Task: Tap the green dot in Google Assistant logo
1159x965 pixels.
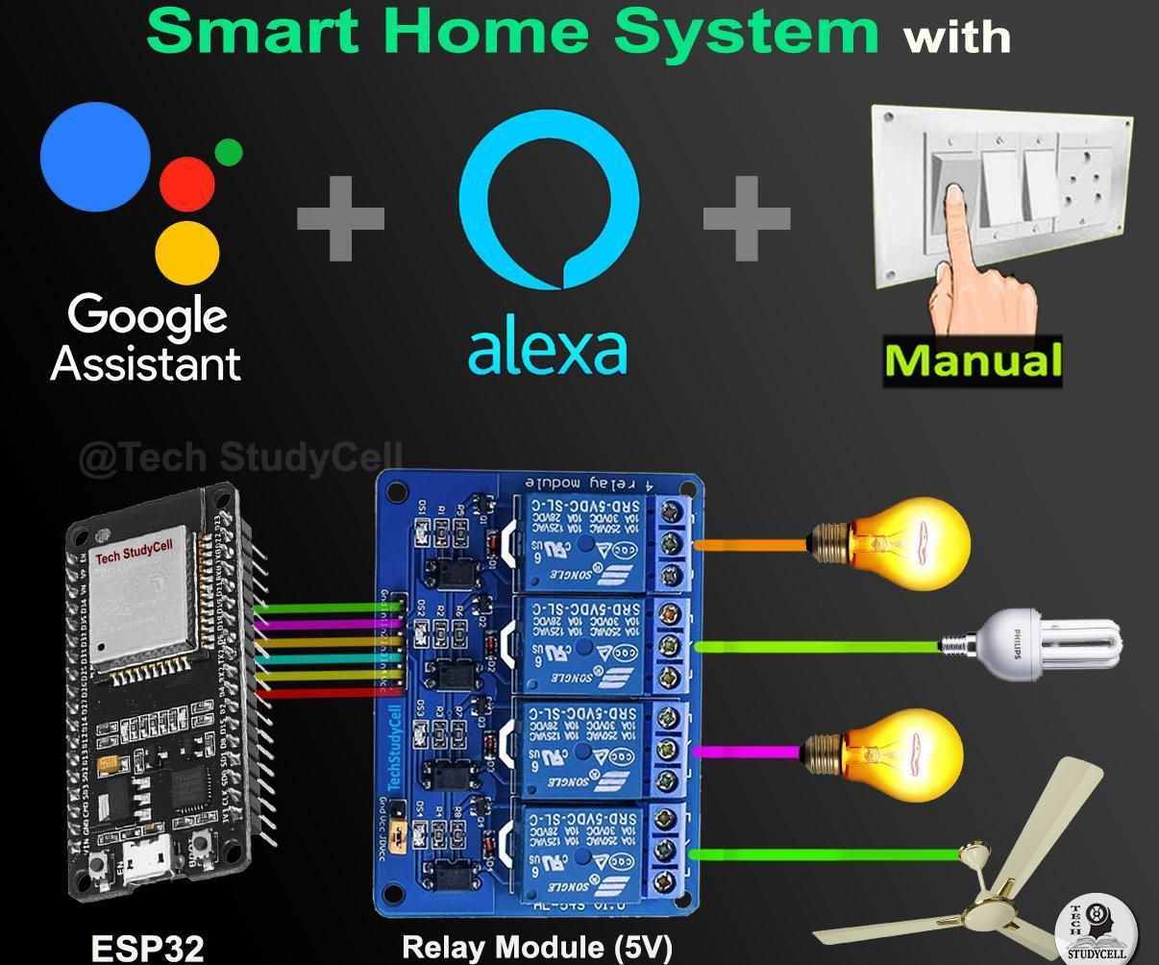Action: pos(229,152)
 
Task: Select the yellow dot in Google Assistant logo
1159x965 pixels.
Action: pos(187,252)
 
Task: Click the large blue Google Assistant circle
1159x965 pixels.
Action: pos(95,157)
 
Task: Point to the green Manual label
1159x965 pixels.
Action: pos(973,361)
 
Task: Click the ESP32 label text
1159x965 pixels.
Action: pos(147,948)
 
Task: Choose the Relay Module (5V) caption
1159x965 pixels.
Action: pos(536,947)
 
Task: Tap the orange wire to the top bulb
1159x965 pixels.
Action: pos(750,545)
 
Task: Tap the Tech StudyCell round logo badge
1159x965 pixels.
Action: pos(1096,930)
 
